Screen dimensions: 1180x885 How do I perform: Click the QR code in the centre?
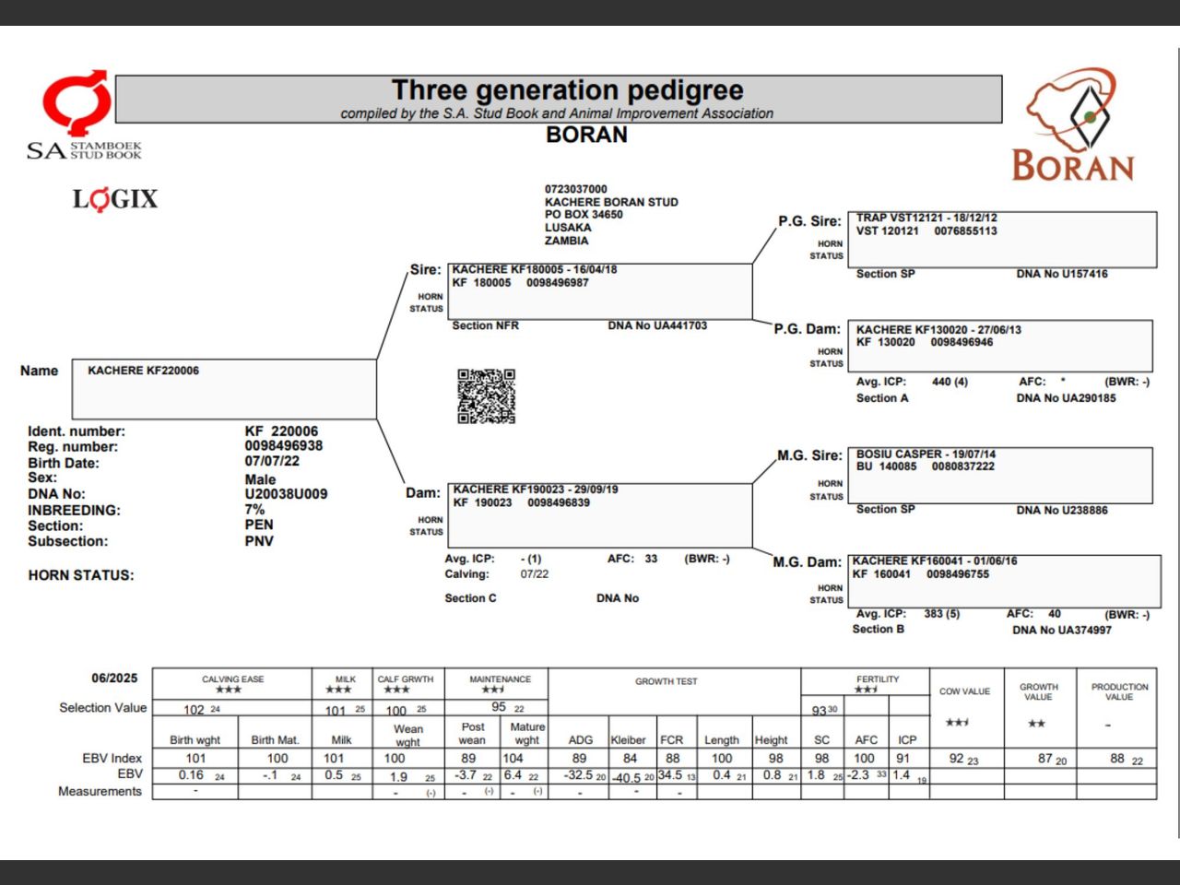(486, 396)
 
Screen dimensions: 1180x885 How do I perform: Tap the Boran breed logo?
(1073, 125)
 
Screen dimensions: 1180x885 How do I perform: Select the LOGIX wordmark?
(115, 199)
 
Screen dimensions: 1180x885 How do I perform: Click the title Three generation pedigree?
(567, 90)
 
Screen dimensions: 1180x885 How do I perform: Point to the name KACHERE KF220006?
(143, 371)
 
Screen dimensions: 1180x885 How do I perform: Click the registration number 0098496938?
(283, 446)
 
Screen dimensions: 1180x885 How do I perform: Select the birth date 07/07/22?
(272, 461)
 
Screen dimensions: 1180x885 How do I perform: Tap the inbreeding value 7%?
(254, 509)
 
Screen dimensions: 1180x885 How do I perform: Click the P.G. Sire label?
(809, 221)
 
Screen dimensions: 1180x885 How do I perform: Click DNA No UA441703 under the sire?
(657, 325)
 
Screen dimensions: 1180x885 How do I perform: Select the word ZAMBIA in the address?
(566, 241)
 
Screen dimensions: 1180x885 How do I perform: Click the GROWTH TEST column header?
(666, 681)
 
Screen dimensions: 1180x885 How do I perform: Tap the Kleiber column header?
(628, 739)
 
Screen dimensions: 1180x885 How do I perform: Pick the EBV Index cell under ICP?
(903, 758)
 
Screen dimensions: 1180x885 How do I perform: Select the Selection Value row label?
(102, 708)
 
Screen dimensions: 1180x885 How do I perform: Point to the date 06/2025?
(114, 678)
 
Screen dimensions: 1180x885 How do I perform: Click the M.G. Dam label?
(807, 562)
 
